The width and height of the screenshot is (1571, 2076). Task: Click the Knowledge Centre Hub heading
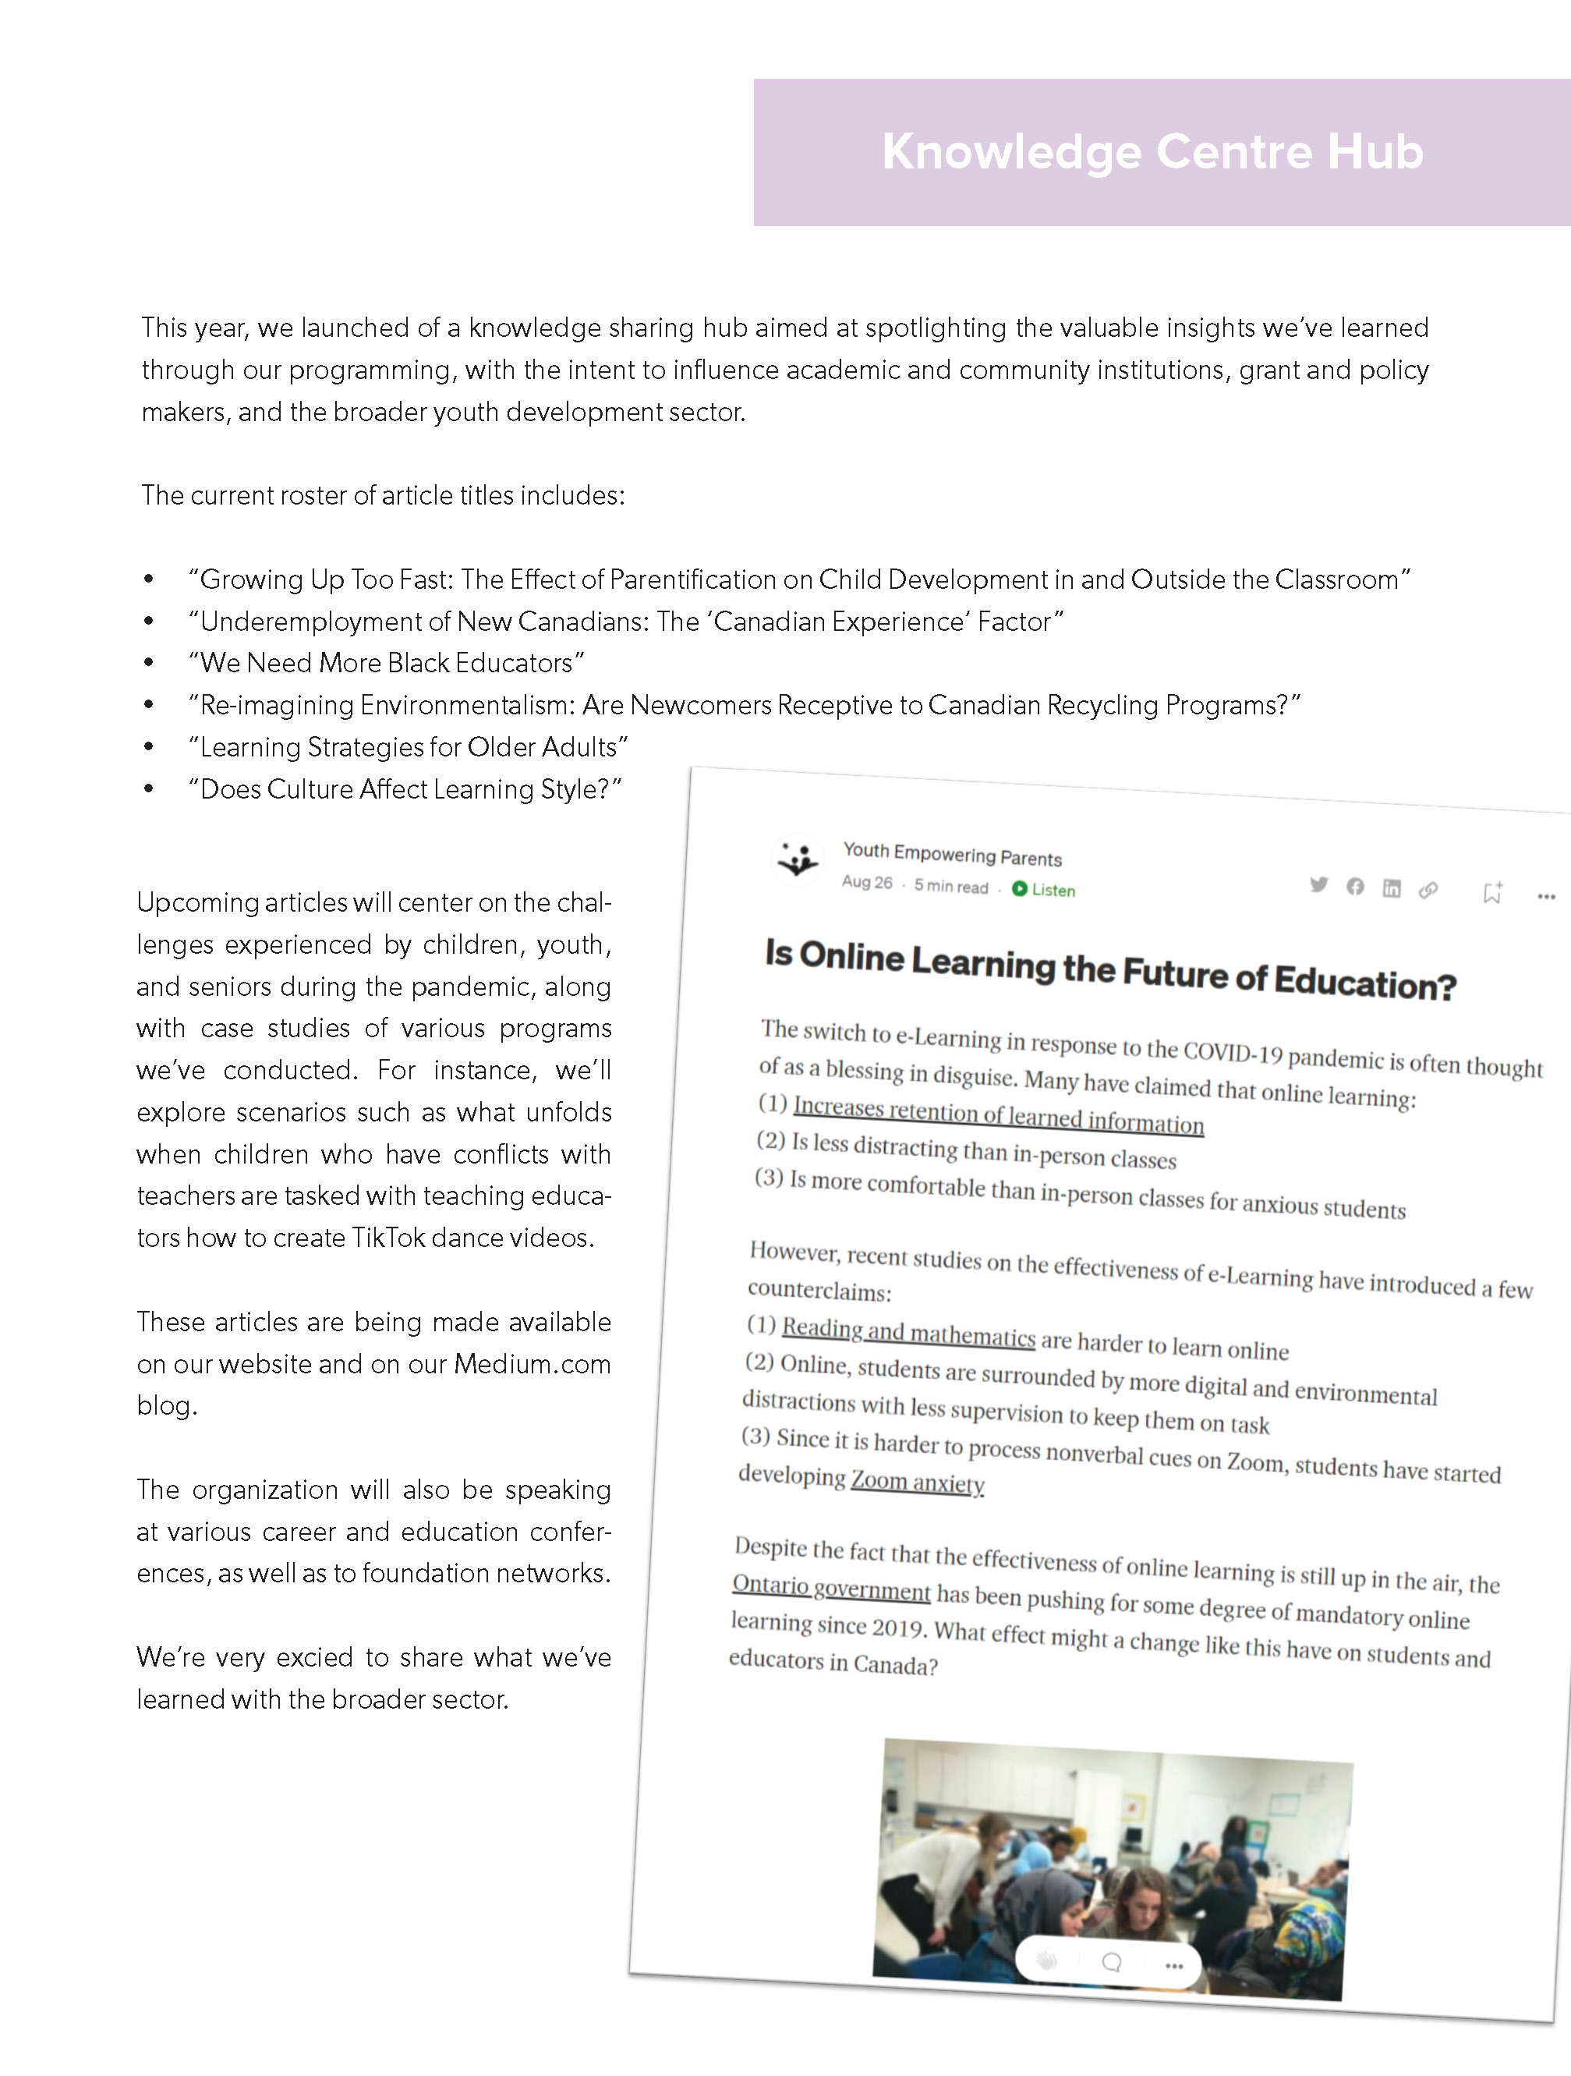[x=1152, y=152]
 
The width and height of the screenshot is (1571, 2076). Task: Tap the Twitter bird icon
[x=1318, y=884]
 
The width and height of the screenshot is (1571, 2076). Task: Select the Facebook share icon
[x=1355, y=886]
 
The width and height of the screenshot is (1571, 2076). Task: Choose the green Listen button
[x=1044, y=890]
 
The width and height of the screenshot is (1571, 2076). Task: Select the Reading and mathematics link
[x=908, y=1330]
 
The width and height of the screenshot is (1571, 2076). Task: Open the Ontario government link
[x=831, y=1588]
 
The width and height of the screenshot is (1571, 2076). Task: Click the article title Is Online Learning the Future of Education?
[x=1110, y=969]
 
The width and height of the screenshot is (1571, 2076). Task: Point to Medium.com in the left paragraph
[x=532, y=1364]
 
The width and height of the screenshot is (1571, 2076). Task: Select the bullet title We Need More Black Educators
[x=387, y=664]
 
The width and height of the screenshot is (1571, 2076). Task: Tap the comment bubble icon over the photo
[x=1112, y=1961]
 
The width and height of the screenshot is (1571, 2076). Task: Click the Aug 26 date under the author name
[x=867, y=882]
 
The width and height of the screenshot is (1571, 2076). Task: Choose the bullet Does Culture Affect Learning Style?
[x=405, y=789]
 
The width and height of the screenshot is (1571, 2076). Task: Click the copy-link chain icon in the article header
[x=1428, y=890]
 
